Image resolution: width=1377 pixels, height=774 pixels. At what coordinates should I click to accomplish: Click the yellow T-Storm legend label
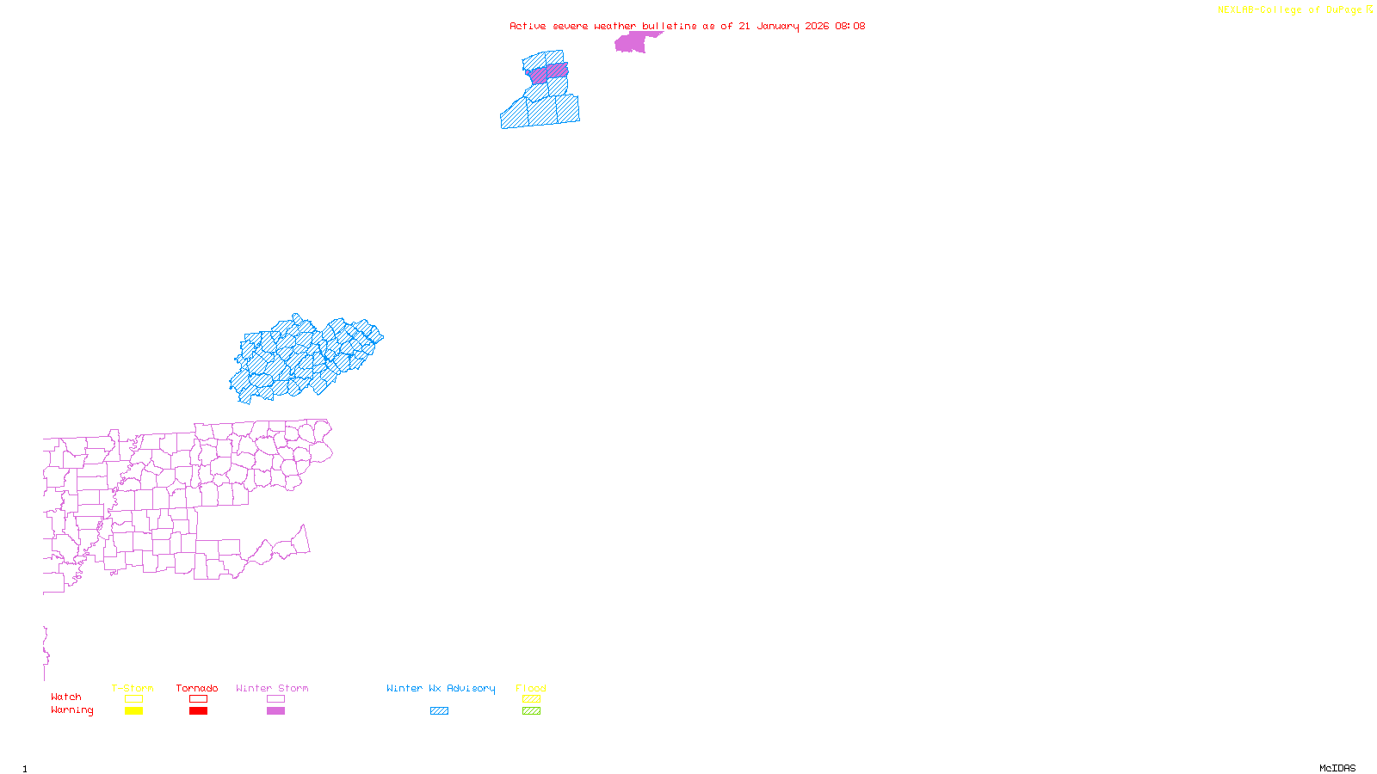click(x=133, y=688)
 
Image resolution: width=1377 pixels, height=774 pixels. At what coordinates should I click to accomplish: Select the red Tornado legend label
click(x=197, y=688)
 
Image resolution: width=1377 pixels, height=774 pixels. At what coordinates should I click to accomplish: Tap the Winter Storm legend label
click(x=272, y=688)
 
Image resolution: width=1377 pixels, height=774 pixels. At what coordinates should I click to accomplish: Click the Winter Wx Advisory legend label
click(x=441, y=688)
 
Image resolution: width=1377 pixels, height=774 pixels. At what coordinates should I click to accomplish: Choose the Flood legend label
click(x=531, y=688)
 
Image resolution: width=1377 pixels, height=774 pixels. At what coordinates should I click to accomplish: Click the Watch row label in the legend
click(x=66, y=697)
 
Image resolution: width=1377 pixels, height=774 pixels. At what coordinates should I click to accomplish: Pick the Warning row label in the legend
click(x=72, y=710)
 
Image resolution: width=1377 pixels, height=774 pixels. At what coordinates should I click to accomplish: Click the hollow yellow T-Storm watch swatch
click(x=133, y=699)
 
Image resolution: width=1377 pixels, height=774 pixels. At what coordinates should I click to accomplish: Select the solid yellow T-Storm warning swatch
click(x=133, y=711)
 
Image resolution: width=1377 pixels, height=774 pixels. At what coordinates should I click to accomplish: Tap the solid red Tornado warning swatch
click(x=199, y=711)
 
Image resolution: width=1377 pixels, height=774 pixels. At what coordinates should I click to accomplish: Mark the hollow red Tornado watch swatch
click(x=199, y=699)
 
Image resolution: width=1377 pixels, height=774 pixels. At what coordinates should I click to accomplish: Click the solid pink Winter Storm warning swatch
click(x=275, y=711)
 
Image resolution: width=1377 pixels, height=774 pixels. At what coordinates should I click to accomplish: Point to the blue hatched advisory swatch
click(x=439, y=711)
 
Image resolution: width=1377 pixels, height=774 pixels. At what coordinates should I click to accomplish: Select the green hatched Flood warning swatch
click(x=532, y=711)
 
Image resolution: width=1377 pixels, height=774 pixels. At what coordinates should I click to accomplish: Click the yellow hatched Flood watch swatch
click(x=532, y=699)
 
